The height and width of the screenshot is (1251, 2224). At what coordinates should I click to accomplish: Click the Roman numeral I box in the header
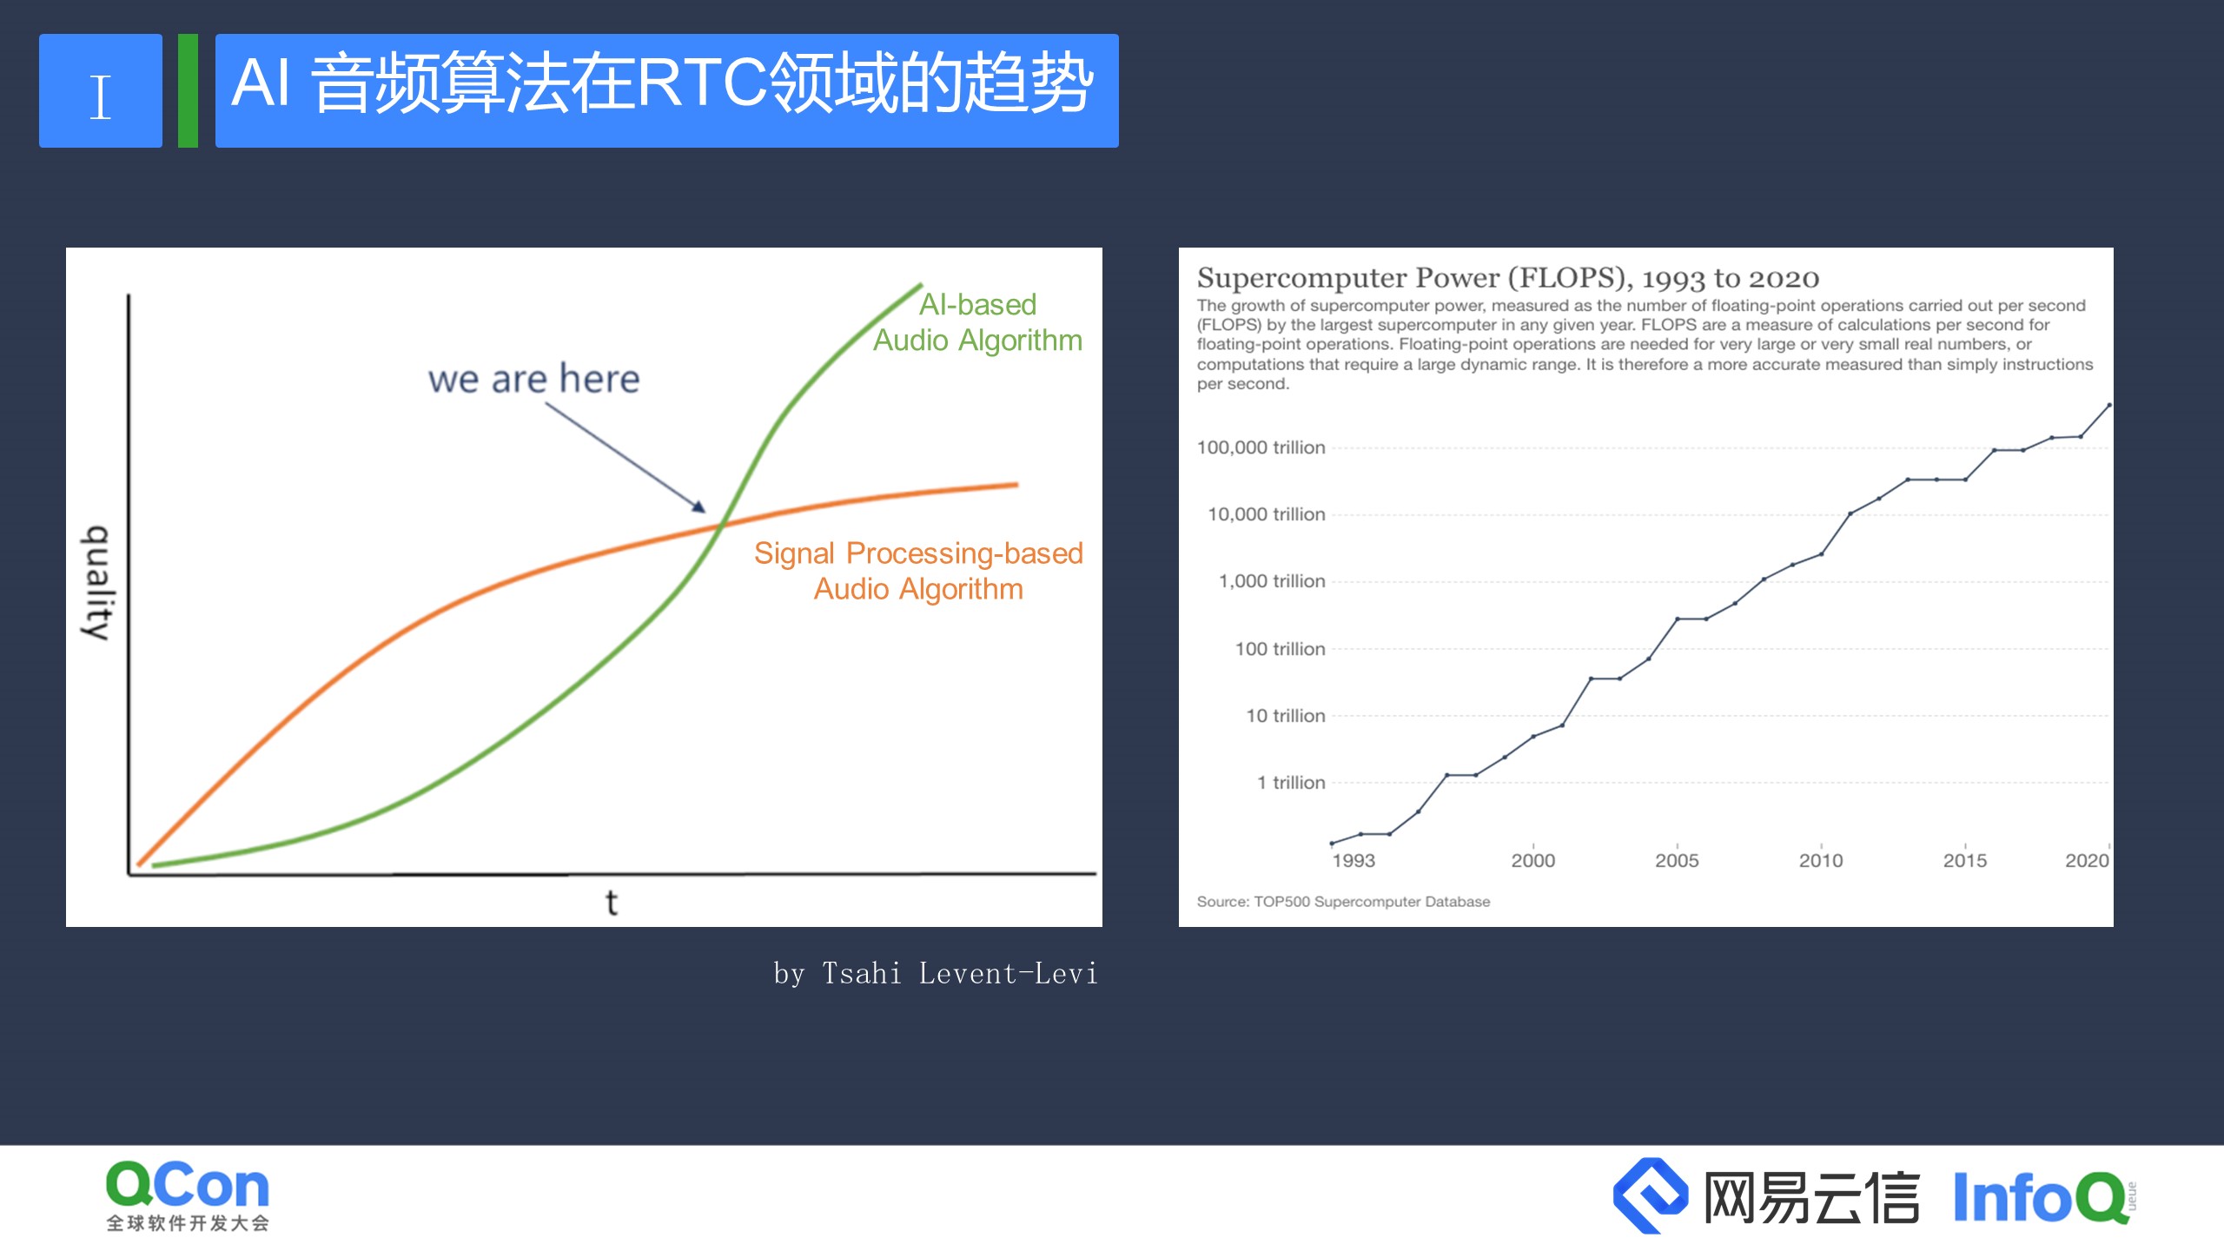click(101, 91)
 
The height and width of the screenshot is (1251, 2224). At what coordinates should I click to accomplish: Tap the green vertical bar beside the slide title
click(188, 91)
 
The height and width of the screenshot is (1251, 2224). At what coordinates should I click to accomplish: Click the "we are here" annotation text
click(533, 380)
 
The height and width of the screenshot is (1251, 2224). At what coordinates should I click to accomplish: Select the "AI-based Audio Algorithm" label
click(977, 322)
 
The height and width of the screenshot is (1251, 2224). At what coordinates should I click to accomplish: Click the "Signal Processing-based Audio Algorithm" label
click(918, 571)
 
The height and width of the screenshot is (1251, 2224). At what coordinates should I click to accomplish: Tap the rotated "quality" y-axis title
click(96, 583)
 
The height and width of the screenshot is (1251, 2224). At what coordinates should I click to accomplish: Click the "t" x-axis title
click(612, 903)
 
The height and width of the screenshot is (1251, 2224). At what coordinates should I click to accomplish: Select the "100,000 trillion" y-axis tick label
click(1261, 447)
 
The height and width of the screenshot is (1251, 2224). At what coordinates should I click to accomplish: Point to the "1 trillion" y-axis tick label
click(1291, 783)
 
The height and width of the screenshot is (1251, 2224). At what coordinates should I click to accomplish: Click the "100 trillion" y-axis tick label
click(1280, 649)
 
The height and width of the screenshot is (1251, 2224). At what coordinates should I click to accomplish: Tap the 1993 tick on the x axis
click(1353, 860)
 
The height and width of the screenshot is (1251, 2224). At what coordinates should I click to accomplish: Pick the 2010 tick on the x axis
click(1820, 860)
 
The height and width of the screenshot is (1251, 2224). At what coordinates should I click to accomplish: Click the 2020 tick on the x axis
click(2087, 860)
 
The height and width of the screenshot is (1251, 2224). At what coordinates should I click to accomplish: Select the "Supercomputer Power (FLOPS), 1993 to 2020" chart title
click(1507, 278)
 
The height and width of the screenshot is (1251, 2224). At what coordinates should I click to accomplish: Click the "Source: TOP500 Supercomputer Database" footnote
click(1343, 902)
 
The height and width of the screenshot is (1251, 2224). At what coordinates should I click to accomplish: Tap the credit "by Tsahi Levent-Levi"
click(936, 974)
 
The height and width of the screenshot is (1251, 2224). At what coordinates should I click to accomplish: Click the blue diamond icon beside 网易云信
click(1650, 1195)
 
